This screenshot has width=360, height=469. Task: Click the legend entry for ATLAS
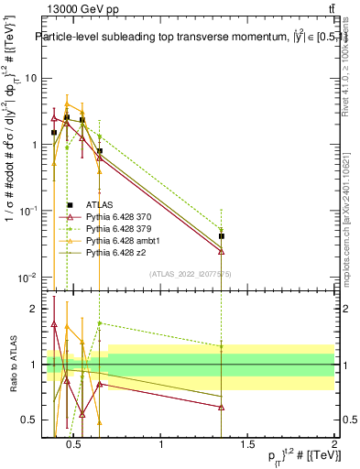99,205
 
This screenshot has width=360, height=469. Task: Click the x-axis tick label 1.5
246,446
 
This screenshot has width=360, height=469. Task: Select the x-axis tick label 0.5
75,446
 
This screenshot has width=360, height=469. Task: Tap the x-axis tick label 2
333,446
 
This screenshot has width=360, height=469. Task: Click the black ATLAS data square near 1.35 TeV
221,236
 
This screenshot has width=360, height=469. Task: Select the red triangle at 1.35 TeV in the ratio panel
221,408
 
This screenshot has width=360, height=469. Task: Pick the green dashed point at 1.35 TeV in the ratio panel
221,346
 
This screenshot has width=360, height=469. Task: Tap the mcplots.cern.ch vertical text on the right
352,211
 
